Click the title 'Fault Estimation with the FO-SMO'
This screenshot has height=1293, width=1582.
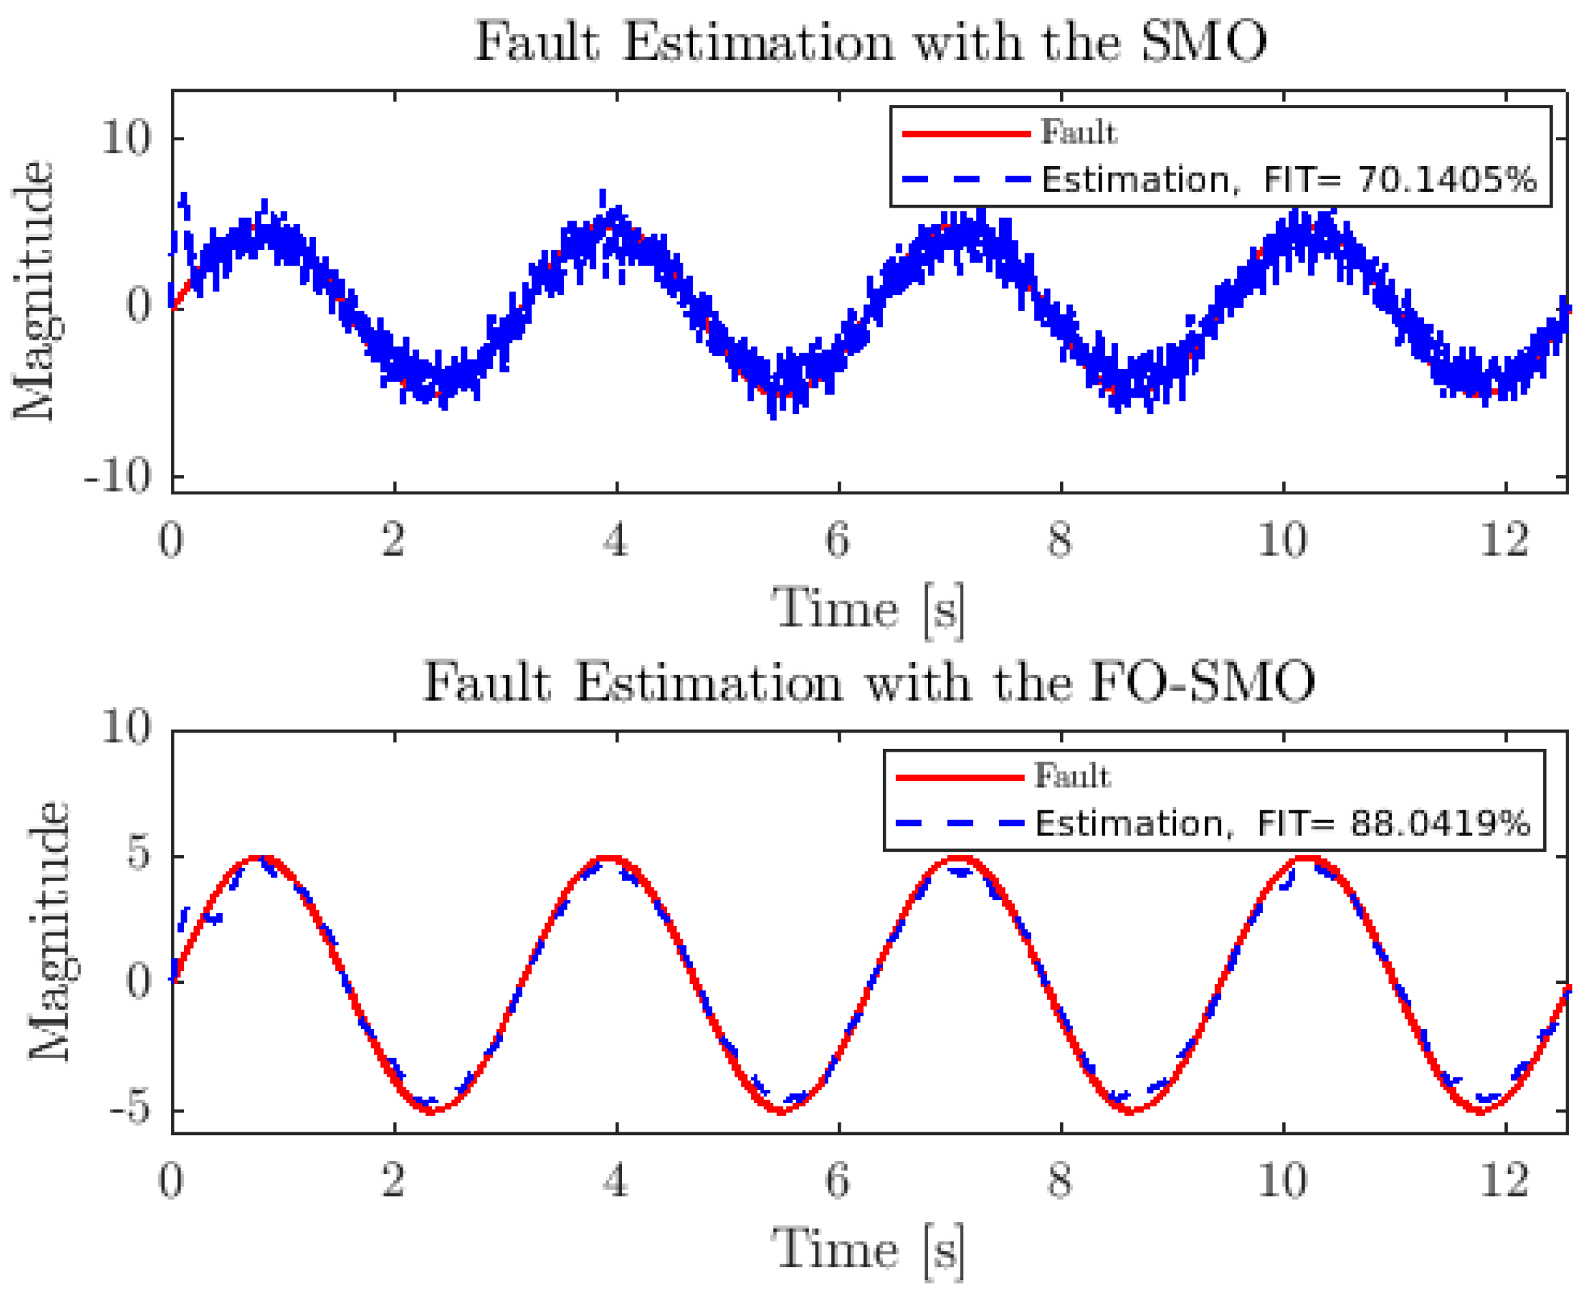(x=869, y=682)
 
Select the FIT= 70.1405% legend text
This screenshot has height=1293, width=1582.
(x=1288, y=180)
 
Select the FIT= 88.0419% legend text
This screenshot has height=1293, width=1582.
(x=1282, y=824)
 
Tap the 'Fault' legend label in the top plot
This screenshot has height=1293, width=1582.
(x=1079, y=133)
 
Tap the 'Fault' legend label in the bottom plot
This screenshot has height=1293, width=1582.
(x=1072, y=776)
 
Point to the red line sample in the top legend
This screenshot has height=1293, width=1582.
(x=965, y=133)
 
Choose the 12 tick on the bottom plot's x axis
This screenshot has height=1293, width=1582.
(x=1504, y=1180)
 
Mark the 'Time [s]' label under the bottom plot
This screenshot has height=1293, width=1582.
(x=868, y=1250)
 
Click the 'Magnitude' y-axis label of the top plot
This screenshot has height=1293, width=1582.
(x=33, y=291)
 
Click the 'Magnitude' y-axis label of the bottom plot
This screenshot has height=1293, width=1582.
(x=48, y=931)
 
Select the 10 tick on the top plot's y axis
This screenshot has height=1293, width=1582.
(x=126, y=138)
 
